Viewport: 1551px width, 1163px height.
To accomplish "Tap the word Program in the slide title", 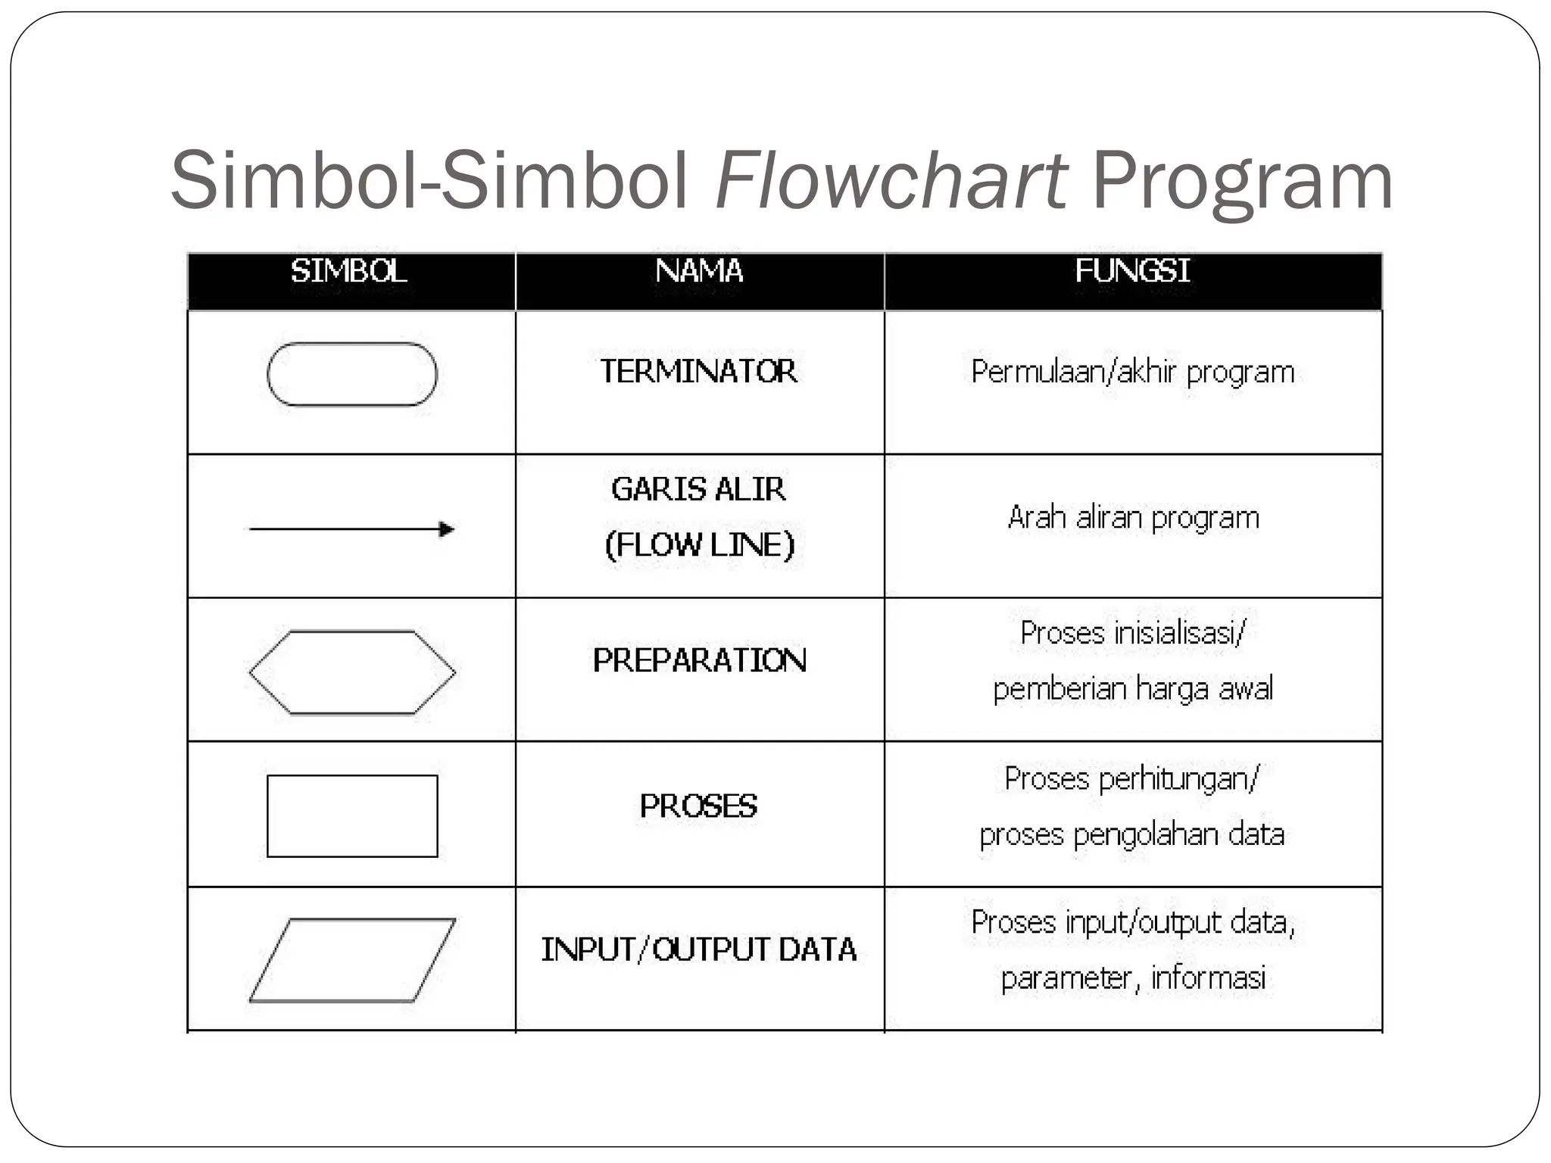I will pos(1242,182).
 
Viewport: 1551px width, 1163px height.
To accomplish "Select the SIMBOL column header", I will pos(349,271).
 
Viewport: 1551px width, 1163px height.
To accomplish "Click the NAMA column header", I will pos(699,271).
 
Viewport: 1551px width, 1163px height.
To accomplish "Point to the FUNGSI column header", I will pos(1132,271).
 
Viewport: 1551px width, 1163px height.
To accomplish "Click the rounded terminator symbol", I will pos(352,375).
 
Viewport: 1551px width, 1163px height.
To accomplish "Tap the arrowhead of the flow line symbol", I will pos(447,528).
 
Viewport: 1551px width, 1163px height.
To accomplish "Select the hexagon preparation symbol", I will pos(352,672).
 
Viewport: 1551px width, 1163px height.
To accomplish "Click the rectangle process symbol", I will pos(352,816).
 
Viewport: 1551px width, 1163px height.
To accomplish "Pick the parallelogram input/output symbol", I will pos(352,960).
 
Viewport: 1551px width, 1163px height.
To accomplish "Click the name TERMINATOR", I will pos(698,372).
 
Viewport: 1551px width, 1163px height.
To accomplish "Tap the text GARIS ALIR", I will pos(698,490).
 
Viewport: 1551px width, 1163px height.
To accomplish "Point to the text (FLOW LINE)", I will pos(699,545).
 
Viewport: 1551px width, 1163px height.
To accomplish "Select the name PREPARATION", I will pos(700,660).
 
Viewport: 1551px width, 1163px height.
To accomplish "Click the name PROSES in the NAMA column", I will pos(698,806).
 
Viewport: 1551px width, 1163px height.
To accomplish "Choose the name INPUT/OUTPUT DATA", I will pos(698,949).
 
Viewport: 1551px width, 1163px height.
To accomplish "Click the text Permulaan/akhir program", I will pos(1132,373).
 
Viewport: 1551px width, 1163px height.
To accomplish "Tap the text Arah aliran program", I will pos(1133,518).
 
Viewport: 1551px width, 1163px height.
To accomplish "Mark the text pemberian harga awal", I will pos(1133,689).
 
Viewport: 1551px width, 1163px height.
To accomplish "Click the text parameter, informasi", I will pos(1133,977).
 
